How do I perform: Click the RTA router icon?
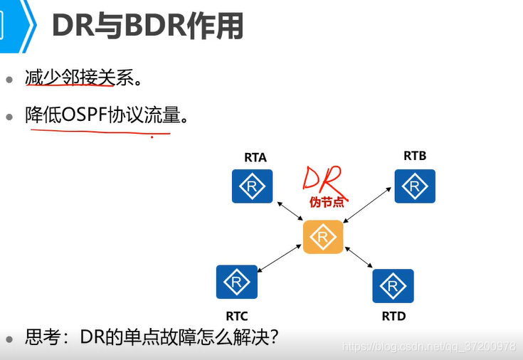coord(252,186)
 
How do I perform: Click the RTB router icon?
coord(415,186)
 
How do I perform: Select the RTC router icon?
coord(237,282)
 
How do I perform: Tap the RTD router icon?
coord(393,286)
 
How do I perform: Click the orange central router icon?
coord(323,237)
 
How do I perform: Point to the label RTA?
coord(255,157)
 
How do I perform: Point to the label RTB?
coord(415,155)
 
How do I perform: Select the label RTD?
coord(393,316)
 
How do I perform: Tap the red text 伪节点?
coord(327,202)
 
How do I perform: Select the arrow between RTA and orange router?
coord(289,213)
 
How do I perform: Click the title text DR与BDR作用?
coord(147,26)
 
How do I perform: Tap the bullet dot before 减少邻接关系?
coord(10,79)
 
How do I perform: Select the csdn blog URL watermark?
coord(428,346)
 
